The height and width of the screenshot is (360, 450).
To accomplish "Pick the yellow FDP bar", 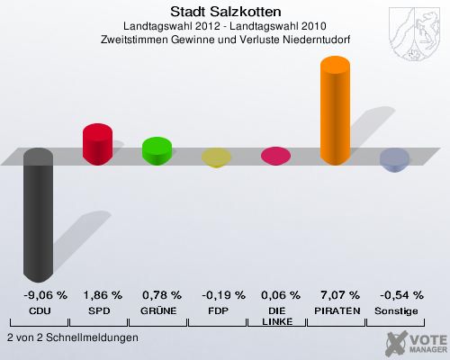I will pyautogui.click(x=216, y=158).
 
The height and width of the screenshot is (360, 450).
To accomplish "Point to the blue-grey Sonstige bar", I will pyautogui.click(x=394, y=160).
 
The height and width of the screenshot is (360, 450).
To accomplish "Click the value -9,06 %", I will pyautogui.click(x=38, y=295).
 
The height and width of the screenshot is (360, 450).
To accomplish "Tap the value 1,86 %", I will pyautogui.click(x=97, y=295).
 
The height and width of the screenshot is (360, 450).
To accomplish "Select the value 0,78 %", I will pyautogui.click(x=157, y=295).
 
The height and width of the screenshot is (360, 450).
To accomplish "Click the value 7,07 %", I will pyautogui.click(x=335, y=295).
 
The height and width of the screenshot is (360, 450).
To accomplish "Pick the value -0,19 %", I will pyautogui.click(x=216, y=295).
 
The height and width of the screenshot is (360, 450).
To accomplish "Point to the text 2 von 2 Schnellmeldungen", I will pyautogui.click(x=72, y=337).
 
